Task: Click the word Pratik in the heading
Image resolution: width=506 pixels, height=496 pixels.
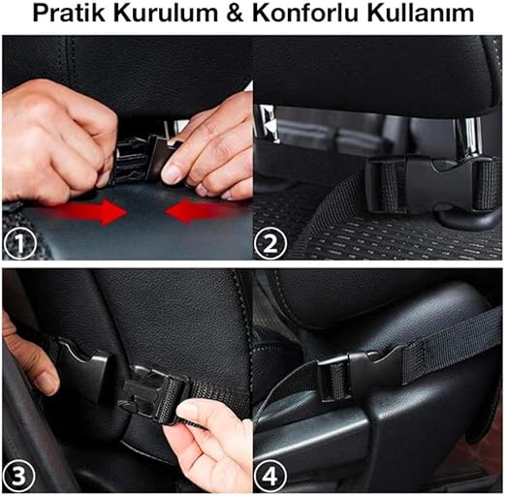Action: click(69, 13)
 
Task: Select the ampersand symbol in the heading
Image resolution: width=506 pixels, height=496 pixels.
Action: click(235, 13)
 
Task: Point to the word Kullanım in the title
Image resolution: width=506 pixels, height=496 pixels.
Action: click(420, 13)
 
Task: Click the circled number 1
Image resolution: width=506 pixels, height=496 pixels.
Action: click(20, 244)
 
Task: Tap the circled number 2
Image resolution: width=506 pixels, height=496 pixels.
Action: click(270, 244)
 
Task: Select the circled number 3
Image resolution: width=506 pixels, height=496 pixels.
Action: click(18, 477)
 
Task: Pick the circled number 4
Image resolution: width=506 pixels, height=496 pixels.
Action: click(270, 477)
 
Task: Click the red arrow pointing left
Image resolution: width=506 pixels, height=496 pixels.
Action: click(203, 212)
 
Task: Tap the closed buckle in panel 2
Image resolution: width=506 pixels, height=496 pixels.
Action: click(431, 185)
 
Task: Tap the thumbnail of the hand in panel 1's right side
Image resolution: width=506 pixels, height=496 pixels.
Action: click(173, 174)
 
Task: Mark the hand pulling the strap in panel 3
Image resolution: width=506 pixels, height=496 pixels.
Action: click(210, 444)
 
